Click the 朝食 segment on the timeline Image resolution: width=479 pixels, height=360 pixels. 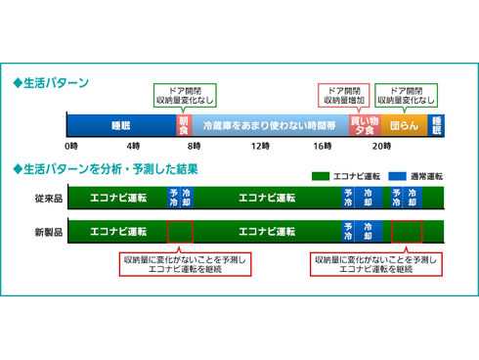pyautogui.click(x=183, y=125)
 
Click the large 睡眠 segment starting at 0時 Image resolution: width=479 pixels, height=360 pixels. pyautogui.click(x=120, y=125)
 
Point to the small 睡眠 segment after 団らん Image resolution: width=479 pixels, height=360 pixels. pyautogui.click(x=436, y=125)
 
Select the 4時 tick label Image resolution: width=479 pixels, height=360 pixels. pyautogui.click(x=133, y=146)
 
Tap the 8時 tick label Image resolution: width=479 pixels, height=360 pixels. pyautogui.click(x=196, y=146)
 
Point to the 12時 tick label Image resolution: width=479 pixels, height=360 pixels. pyautogui.click(x=259, y=146)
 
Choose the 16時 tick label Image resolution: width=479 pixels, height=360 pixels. pyautogui.click(x=322, y=146)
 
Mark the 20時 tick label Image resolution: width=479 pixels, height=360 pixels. pyautogui.click(x=382, y=146)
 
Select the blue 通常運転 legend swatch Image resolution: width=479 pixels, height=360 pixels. pyautogui.click(x=397, y=176)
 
